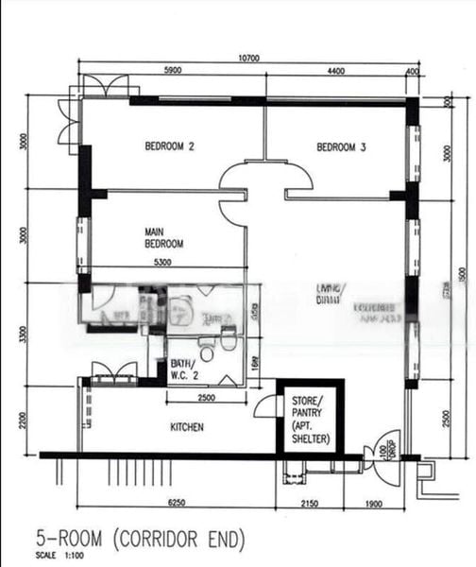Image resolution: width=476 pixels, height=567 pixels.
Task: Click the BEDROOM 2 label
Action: tap(169, 146)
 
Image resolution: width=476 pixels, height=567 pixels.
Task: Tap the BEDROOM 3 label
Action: tap(341, 146)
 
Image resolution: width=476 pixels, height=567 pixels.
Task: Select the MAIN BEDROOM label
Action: tap(163, 237)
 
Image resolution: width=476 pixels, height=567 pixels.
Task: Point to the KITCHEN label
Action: tap(187, 428)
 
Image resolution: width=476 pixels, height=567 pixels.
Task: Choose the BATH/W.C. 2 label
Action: tap(182, 369)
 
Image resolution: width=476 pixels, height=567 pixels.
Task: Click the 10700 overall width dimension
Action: tap(249, 59)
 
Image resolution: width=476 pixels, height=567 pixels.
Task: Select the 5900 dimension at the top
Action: tap(173, 71)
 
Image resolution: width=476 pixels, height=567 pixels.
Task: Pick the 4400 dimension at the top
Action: tap(336, 71)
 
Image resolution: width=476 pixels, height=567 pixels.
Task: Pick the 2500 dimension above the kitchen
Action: tap(210, 398)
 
